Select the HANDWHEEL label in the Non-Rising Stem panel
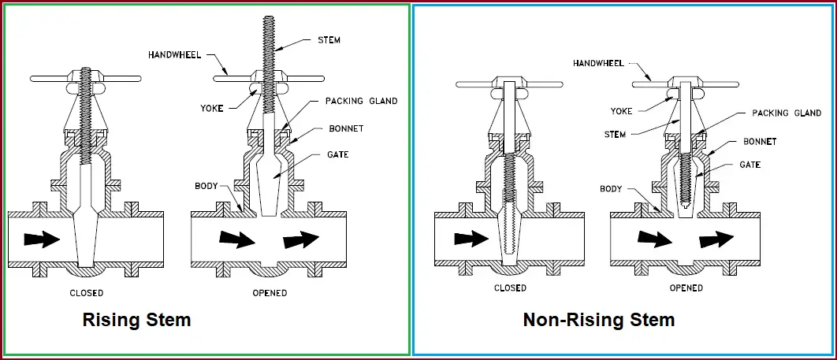coord(597,62)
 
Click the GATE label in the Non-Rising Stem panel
coord(750,165)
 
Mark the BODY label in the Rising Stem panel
coord(206,187)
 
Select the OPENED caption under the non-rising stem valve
coord(686,288)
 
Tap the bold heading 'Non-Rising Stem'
coord(599,320)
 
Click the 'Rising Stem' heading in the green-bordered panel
coord(136,320)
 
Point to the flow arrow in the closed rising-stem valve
coord(41,239)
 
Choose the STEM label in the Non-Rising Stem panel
coord(616,135)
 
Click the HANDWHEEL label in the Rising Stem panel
coord(172,54)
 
